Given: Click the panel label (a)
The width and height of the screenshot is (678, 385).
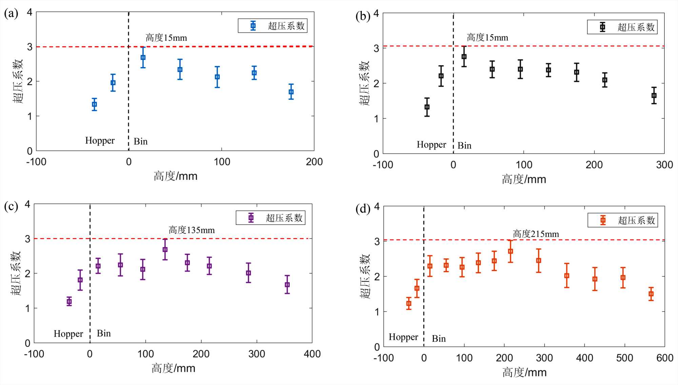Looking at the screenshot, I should [x=11, y=14].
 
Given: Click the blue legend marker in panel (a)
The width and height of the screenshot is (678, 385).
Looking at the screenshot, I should [x=253, y=26].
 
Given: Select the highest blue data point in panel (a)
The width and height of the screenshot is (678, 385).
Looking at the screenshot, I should [x=143, y=58].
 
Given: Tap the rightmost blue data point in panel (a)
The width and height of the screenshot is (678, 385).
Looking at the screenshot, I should [x=291, y=92].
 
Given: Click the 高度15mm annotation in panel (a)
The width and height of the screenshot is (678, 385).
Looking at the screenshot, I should [x=166, y=38].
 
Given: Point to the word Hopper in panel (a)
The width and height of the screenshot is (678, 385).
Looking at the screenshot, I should [x=100, y=140].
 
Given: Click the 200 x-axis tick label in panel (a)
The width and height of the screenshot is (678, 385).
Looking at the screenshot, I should [x=314, y=162].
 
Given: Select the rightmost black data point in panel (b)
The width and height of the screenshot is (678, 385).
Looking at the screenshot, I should [x=654, y=96].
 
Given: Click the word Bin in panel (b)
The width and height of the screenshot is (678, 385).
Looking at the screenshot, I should [x=464, y=146].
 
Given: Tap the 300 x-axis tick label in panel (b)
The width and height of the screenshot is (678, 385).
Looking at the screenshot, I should [x=664, y=165].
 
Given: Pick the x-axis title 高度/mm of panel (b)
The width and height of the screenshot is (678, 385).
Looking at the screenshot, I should [x=524, y=179].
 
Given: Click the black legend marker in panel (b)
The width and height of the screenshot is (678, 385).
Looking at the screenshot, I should [x=602, y=27].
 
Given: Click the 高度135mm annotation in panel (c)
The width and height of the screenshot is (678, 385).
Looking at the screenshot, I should [x=192, y=230].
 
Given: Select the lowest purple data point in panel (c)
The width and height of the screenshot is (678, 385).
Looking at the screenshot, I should [x=69, y=301].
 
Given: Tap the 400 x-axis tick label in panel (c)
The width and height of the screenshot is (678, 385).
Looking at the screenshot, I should [x=312, y=354].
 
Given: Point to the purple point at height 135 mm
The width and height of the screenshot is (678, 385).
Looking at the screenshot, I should [x=165, y=249].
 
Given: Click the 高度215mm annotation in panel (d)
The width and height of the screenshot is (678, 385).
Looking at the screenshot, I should [x=536, y=234].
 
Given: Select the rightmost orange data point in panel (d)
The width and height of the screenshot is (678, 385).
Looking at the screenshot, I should [x=651, y=294].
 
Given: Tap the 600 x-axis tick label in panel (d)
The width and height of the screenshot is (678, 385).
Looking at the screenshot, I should [x=664, y=358].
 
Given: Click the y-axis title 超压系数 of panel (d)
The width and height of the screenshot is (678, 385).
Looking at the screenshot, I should [x=365, y=276].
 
